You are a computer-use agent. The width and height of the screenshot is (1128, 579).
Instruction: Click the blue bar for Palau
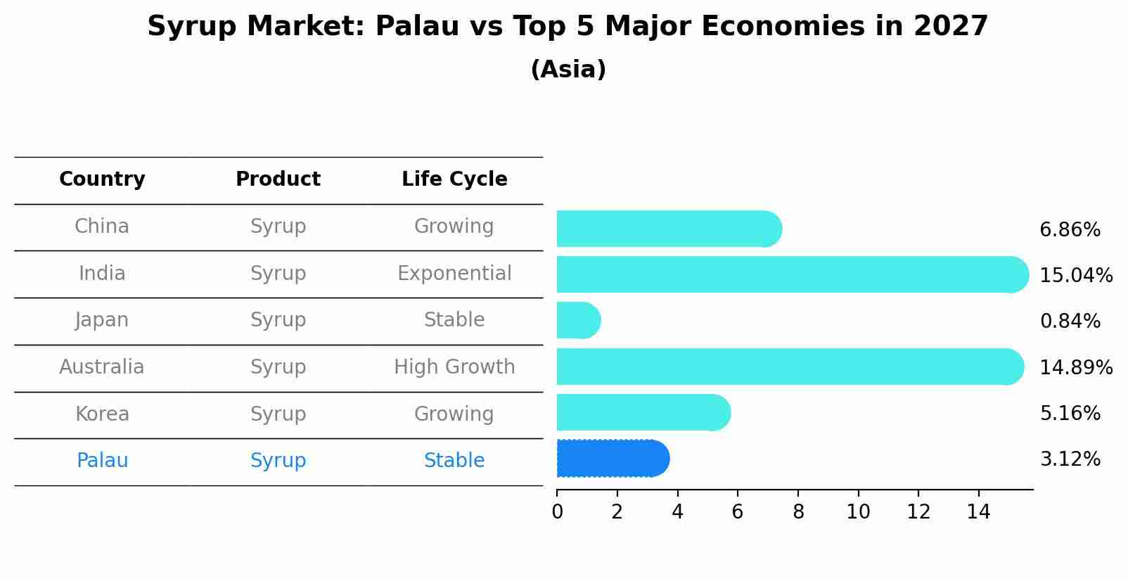612,459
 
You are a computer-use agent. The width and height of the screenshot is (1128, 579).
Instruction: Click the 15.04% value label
1075,276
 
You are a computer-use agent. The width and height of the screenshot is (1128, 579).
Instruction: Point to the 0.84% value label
1070,322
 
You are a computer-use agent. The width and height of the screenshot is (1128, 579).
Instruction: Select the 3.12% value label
1070,459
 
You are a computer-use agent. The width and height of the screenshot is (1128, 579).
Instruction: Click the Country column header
102,179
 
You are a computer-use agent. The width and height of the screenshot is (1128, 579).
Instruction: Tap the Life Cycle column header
454,179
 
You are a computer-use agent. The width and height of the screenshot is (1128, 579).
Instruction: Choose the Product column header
278,179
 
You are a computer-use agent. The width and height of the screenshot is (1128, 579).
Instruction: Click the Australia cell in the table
102,367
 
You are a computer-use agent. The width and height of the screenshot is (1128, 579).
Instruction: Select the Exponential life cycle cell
454,274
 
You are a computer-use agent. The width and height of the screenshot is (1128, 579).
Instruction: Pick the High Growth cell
454,367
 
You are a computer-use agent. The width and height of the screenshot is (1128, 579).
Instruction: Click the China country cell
102,227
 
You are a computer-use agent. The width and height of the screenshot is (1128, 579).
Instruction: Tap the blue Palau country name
102,461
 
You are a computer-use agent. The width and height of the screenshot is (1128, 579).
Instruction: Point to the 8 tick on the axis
798,511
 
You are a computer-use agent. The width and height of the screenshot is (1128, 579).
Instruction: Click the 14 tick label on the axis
978,511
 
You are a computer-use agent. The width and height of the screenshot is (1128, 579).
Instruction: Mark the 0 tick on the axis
557,511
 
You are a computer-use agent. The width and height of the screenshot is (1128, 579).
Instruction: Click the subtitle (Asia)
568,70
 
